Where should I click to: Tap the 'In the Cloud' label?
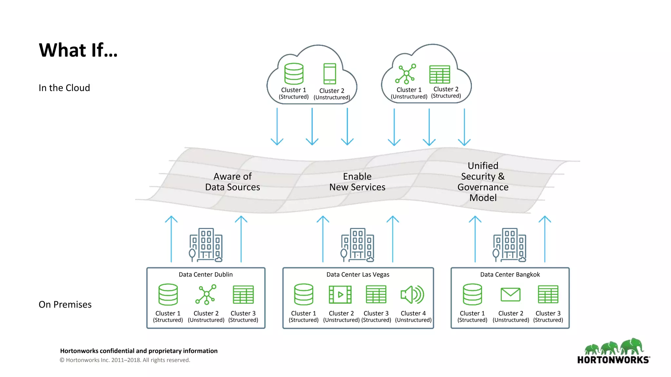(64, 88)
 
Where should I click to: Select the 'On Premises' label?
(65, 304)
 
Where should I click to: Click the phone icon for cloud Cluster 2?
(330, 74)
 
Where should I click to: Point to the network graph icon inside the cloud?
(406, 74)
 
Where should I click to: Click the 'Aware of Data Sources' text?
(232, 182)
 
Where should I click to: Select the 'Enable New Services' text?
(357, 182)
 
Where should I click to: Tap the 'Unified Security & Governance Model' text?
(483, 182)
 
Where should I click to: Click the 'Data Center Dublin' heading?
(205, 275)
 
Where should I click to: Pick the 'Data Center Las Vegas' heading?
(358, 275)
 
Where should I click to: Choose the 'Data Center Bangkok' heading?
(510, 275)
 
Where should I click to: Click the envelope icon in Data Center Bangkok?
(510, 295)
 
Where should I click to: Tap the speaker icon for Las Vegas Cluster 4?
(412, 295)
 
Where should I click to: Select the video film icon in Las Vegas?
(340, 295)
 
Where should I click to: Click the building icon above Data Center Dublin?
(206, 245)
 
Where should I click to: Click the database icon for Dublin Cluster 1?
(168, 295)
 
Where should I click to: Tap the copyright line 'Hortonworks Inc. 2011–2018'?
(125, 360)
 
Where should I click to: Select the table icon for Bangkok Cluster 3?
(548, 295)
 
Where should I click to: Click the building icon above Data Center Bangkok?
(510, 245)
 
